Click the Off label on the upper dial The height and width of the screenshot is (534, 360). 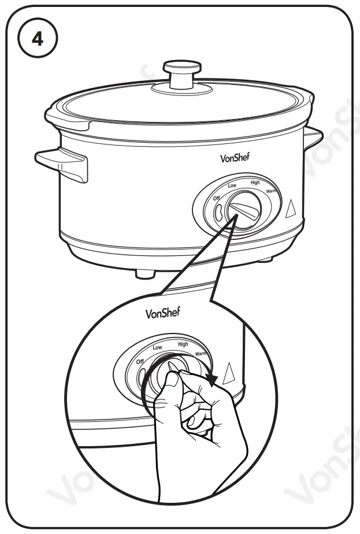click(x=217, y=198)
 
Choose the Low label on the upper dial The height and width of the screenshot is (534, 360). click(x=232, y=186)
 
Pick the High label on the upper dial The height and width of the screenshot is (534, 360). click(x=255, y=183)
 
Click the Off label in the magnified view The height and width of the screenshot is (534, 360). click(x=140, y=361)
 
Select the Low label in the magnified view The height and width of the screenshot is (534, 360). click(x=157, y=347)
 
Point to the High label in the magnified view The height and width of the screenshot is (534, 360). click(x=183, y=344)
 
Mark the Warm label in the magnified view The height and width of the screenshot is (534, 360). click(x=201, y=353)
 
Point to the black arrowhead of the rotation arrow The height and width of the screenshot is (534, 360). click(x=215, y=380)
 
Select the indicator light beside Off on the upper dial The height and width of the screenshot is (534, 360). click(x=218, y=212)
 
